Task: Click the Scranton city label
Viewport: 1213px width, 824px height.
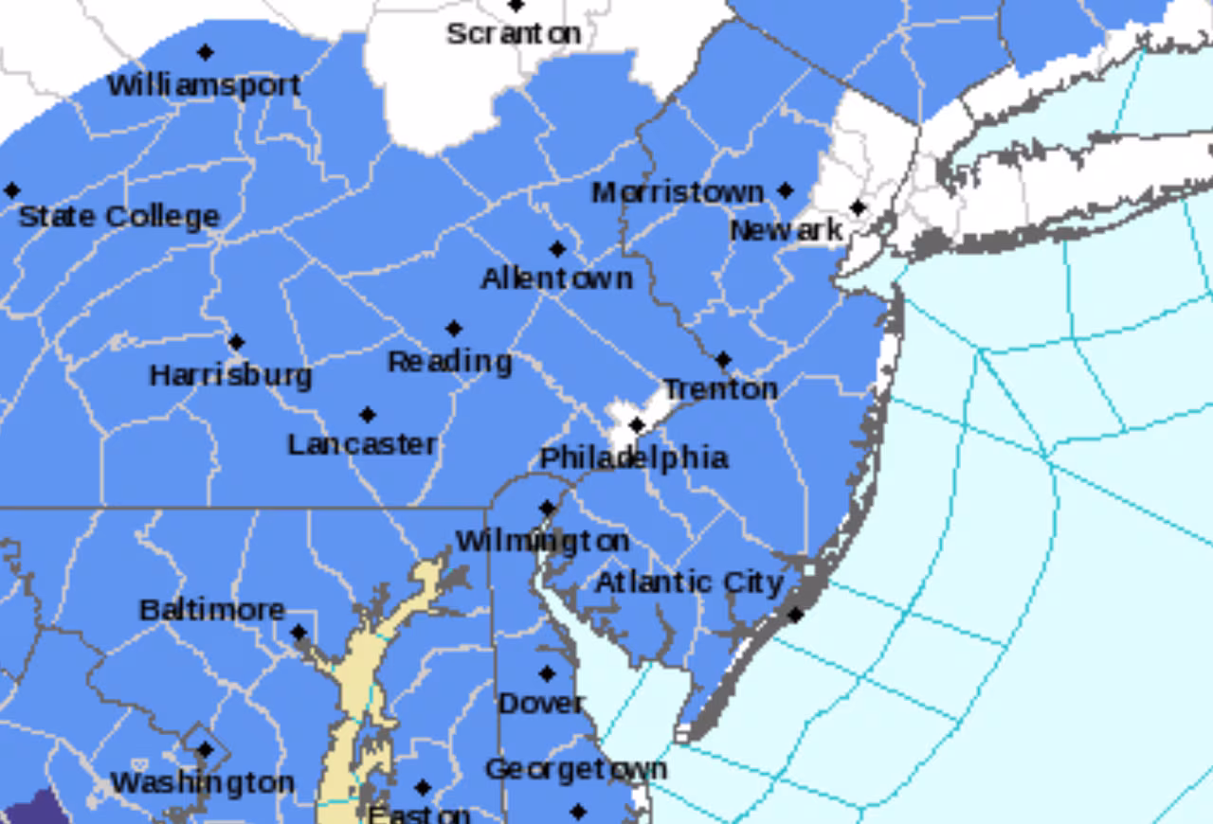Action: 513,34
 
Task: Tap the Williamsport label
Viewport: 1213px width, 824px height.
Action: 204,85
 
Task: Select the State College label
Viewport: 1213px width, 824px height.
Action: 119,217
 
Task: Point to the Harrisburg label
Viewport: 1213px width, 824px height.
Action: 230,376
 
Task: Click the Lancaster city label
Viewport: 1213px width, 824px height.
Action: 362,444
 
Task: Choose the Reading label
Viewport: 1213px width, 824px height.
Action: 450,362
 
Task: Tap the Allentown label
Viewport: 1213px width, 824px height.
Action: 556,278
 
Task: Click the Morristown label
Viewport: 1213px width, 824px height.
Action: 678,193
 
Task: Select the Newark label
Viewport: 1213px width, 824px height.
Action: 786,230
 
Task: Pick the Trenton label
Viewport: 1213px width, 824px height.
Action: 720,389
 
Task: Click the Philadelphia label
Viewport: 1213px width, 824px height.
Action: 634,458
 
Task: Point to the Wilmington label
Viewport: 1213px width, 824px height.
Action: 542,541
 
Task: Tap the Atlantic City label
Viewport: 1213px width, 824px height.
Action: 689,582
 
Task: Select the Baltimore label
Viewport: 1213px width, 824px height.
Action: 211,610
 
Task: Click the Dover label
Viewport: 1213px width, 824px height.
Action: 541,704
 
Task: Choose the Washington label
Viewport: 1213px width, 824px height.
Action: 202,783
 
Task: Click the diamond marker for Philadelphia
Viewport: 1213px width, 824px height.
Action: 637,425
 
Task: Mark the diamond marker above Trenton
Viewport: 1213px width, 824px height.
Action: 723,360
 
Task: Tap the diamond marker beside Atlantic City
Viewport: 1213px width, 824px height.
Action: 795,616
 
